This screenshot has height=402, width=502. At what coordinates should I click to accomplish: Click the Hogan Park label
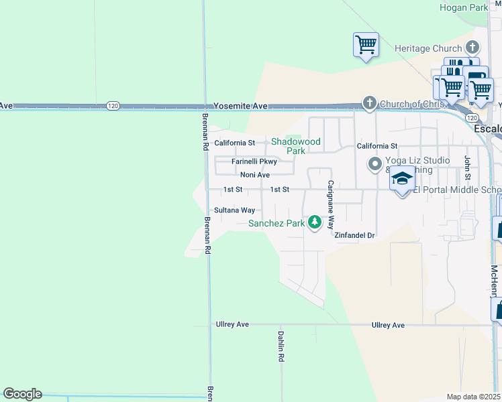[x=463, y=8]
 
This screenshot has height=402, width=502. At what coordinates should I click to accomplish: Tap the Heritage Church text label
[x=428, y=48]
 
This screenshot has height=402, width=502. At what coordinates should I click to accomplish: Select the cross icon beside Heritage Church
[x=472, y=48]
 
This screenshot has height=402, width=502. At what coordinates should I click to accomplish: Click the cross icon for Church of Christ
[x=369, y=103]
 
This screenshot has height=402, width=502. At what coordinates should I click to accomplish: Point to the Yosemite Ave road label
[x=240, y=106]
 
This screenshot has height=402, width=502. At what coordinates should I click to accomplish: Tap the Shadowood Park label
[x=295, y=146]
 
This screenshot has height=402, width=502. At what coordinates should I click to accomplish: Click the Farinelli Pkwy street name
[x=254, y=161]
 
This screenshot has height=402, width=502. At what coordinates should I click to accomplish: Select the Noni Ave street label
[x=254, y=175]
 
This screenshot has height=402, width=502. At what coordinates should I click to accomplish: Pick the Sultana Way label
[x=234, y=210]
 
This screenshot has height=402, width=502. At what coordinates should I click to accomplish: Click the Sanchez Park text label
[x=275, y=223]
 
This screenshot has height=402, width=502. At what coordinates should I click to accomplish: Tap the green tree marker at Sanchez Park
[x=314, y=222]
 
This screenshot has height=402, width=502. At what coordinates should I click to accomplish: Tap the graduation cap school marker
[x=402, y=179]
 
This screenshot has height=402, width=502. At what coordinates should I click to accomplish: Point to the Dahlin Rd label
[x=281, y=346]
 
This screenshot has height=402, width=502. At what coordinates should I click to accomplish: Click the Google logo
[x=22, y=394]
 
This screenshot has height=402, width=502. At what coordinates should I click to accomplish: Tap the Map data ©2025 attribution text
[x=473, y=397]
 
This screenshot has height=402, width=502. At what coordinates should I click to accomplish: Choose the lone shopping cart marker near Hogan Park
[x=366, y=45]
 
